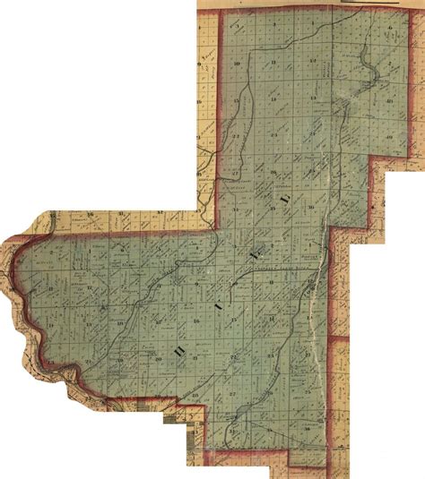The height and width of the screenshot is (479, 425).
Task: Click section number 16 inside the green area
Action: (194, 321)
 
